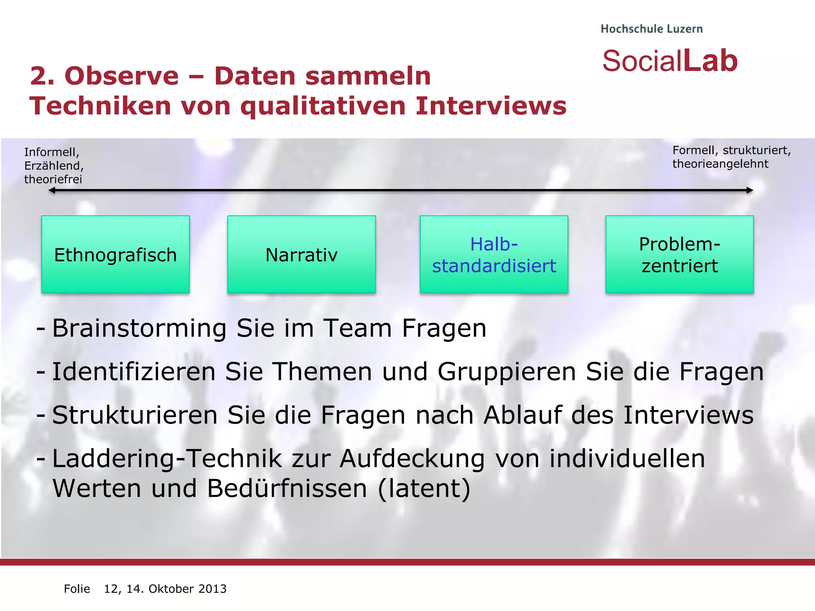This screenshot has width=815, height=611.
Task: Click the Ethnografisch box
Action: [115, 255]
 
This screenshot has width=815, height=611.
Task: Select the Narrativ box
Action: [301, 255]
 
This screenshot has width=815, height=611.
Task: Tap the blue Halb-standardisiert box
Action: [494, 255]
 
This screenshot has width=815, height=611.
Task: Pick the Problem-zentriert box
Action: [679, 255]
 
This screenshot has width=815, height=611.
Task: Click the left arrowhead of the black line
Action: [51, 191]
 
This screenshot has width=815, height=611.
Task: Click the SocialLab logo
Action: [670, 61]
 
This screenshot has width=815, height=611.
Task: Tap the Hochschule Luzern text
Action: [651, 29]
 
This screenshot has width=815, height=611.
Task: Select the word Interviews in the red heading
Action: [491, 106]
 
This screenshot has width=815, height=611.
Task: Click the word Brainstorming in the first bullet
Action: [139, 329]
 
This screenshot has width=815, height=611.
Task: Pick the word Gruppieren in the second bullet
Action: [507, 372]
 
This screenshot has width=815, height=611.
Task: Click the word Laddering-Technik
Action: [167, 459]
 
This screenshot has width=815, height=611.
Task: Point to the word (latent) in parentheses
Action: [424, 488]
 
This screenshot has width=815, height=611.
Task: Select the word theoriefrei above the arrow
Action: [53, 179]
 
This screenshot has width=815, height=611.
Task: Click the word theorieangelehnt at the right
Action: [720, 164]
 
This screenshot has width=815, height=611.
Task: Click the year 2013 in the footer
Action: [213, 589]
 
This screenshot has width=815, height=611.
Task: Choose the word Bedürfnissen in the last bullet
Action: [287, 488]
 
